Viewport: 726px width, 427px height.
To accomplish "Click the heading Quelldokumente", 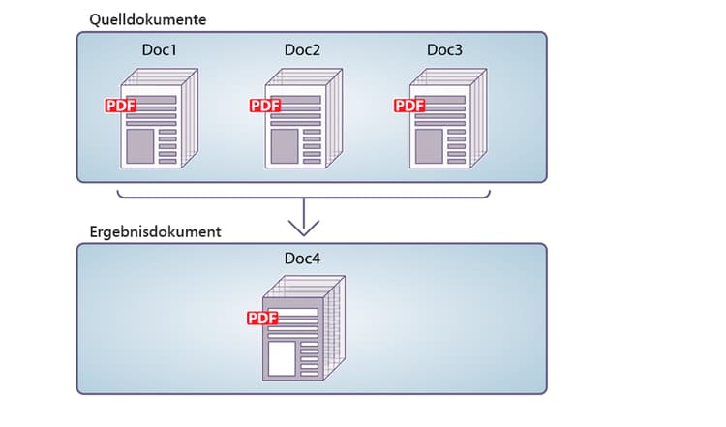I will [x=147, y=18].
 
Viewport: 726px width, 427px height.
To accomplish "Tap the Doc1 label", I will [x=158, y=49].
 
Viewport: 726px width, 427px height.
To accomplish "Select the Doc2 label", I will [x=302, y=49].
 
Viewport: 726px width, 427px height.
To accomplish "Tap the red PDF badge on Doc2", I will [x=264, y=106].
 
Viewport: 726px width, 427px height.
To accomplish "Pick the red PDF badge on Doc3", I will [x=409, y=106].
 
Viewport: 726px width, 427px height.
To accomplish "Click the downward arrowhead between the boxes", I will [x=304, y=229].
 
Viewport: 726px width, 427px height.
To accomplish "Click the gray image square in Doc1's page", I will [x=138, y=145].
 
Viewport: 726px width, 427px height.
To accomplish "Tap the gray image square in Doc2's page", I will [x=284, y=145].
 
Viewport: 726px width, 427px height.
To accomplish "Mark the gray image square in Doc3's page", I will [x=428, y=145].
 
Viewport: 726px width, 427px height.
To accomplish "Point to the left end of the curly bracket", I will [x=118, y=193].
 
